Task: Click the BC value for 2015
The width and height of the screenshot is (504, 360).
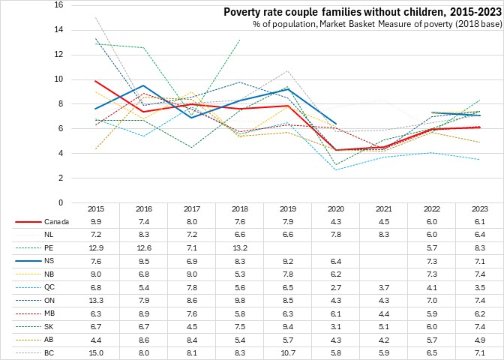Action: pos(95,351)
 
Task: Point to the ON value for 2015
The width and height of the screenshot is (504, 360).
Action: pos(95,299)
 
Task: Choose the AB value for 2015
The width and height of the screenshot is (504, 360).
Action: pos(95,338)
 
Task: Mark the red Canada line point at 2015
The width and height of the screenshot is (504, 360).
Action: pos(95,81)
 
